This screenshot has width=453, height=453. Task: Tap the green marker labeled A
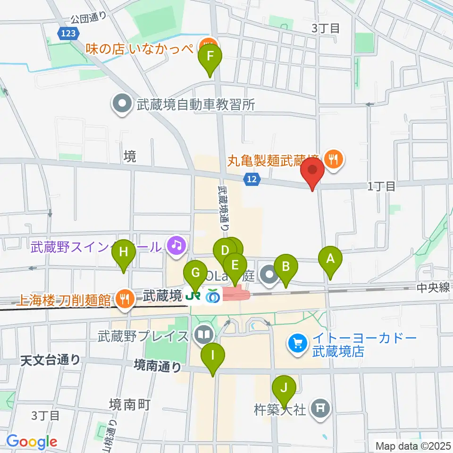pos(330,259)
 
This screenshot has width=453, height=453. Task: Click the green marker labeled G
pos(195,273)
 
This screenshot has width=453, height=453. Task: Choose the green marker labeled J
pos(284,389)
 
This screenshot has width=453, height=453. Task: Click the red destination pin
pos(312,171)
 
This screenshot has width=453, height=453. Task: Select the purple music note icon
pos(176,244)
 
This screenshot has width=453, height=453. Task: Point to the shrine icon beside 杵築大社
pos(321,406)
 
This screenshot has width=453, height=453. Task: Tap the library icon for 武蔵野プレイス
pos(204,336)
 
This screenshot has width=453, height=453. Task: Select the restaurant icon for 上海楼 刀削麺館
pos(124,299)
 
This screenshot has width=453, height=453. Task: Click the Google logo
pos(32,442)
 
